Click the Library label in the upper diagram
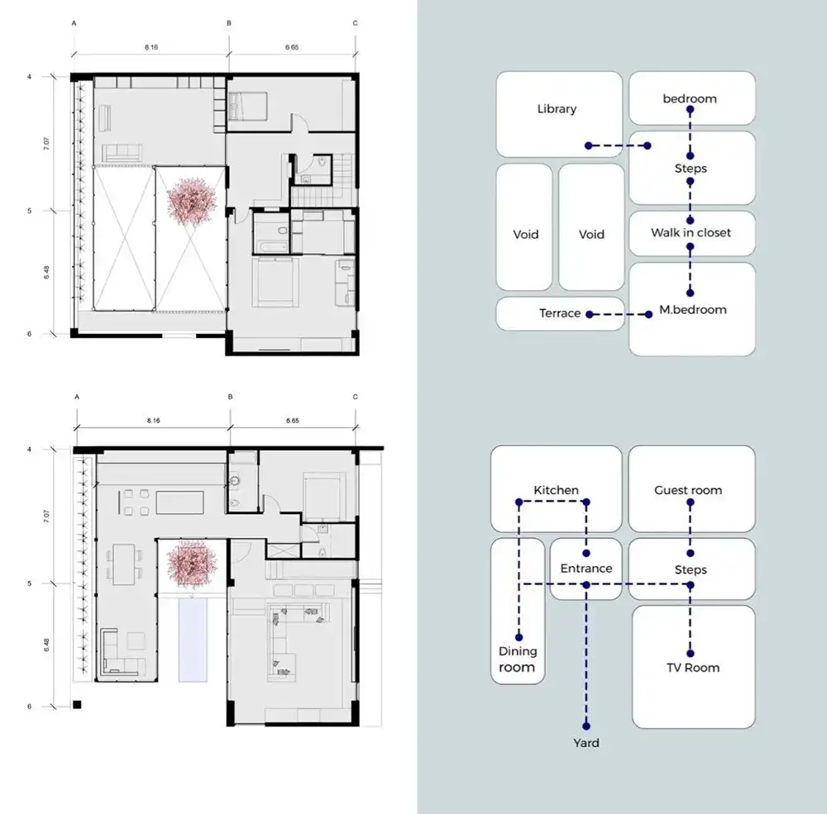(557, 109)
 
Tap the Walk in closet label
(691, 232)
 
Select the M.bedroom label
(692, 309)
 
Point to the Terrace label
(560, 313)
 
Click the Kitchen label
(556, 490)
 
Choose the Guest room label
(688, 490)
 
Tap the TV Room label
(692, 668)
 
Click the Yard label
(586, 743)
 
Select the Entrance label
(586, 569)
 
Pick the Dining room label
(518, 659)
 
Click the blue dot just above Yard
(586, 726)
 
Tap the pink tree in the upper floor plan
(192, 201)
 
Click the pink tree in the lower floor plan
(192, 564)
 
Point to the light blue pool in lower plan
(193, 640)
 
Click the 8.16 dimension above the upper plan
(151, 47)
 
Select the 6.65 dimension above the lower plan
(292, 421)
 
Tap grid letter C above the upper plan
(355, 23)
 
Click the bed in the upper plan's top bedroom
(248, 106)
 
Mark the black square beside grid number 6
(77, 704)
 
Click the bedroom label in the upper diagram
(690, 98)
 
